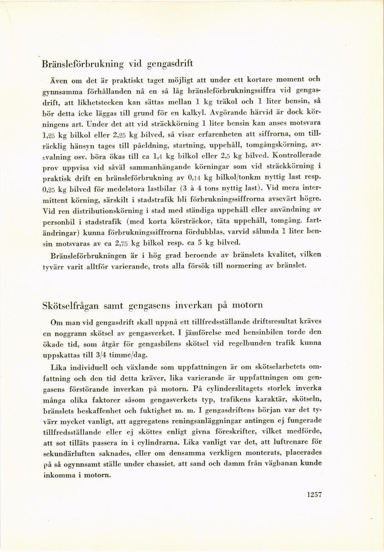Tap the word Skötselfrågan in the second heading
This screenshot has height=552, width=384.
tap(70, 305)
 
